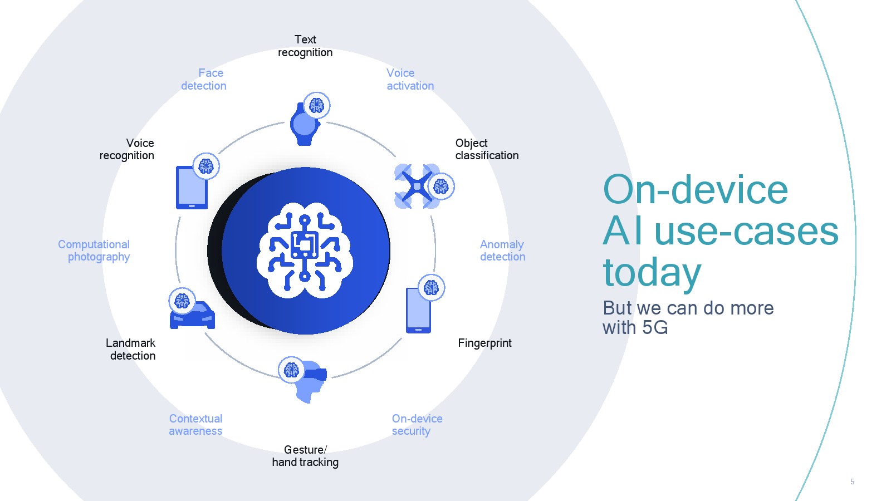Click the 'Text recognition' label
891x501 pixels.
pyautogui.click(x=305, y=46)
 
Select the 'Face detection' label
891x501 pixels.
pyautogui.click(x=204, y=80)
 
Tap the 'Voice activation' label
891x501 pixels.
pyautogui.click(x=410, y=80)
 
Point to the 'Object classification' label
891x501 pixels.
pyautogui.click(x=487, y=149)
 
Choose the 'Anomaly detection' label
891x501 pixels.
pyautogui.click(x=502, y=250)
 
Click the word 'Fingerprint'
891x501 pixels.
pyautogui.click(x=484, y=343)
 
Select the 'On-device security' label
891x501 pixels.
pyautogui.click(x=417, y=425)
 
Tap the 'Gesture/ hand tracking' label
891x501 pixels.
pyautogui.click(x=305, y=456)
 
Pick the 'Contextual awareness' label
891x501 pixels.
pyautogui.click(x=195, y=425)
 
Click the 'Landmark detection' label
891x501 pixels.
pyautogui.click(x=130, y=350)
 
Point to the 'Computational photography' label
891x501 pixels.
pyautogui.click(x=94, y=250)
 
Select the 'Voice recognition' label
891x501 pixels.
pyautogui.click(x=126, y=149)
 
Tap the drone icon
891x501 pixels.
pyautogui.click(x=417, y=186)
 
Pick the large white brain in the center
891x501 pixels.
pyautogui.click(x=305, y=250)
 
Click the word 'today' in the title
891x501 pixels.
pyautogui.click(x=652, y=273)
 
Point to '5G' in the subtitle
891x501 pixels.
pyautogui.click(x=655, y=328)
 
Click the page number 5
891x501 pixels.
pyautogui.click(x=852, y=482)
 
